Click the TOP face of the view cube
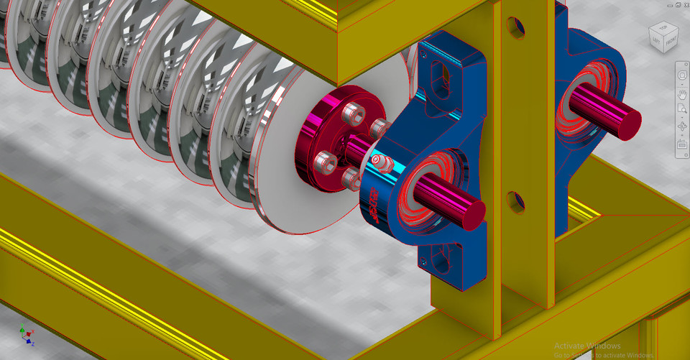pos(663,29)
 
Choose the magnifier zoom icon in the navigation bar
pos(682,109)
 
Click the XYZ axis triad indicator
pos(27,336)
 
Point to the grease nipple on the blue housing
pos(382,162)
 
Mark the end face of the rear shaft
pos(630,122)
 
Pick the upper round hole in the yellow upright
pos(515,27)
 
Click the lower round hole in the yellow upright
pos(513,200)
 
